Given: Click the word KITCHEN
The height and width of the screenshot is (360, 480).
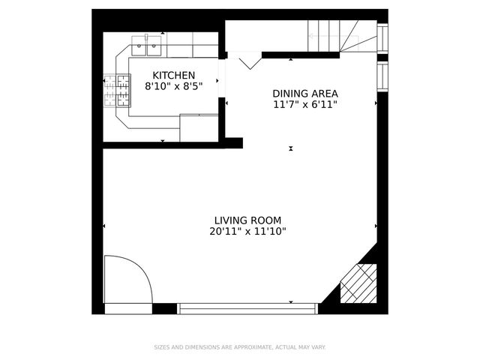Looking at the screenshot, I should (x=174, y=75).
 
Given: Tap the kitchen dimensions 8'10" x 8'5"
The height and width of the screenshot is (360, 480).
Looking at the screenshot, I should (x=174, y=86).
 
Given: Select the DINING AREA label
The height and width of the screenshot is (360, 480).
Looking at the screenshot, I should (x=304, y=94).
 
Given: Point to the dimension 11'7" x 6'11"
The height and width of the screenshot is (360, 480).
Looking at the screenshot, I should (x=304, y=105).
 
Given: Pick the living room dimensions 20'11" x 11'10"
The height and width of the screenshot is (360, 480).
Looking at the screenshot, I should (x=247, y=232).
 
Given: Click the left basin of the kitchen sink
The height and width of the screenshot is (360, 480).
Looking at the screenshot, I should (x=140, y=49).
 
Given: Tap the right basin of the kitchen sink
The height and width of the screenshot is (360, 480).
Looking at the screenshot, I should (x=154, y=49).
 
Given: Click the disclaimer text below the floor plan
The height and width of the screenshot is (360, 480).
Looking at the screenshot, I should (x=240, y=347).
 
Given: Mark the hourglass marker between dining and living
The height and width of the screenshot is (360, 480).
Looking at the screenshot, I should (x=291, y=148).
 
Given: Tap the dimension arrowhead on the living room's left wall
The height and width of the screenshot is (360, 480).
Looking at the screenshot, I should (x=104, y=226).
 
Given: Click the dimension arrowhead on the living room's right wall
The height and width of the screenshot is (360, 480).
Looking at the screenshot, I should (x=376, y=226).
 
